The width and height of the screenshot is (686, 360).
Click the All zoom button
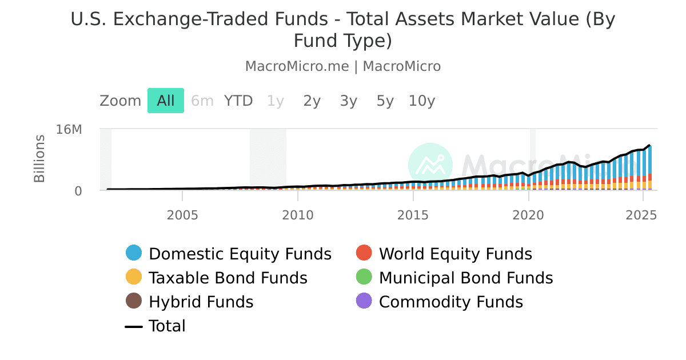tap(166, 101)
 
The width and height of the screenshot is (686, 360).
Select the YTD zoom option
tap(238, 101)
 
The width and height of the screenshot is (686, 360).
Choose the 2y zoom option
tap(312, 101)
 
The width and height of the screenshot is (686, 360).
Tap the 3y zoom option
tap(349, 101)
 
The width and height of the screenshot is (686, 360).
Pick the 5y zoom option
tap(385, 101)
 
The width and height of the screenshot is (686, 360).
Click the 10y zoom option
tap(422, 101)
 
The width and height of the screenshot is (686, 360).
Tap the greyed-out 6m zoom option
tap(202, 101)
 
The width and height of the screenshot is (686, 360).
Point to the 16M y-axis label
tap(69, 130)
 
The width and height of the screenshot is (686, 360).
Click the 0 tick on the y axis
tap(78, 191)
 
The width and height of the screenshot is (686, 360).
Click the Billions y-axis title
tap(39, 158)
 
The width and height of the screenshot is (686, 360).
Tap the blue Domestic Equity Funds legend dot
tap(134, 253)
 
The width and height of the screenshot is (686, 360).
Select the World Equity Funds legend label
tap(456, 254)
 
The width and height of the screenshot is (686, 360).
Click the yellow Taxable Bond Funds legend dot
tap(134, 278)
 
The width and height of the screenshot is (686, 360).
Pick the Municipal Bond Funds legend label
tap(466, 278)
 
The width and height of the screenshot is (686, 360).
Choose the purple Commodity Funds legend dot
tap(364, 301)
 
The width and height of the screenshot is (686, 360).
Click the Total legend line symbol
tap(134, 326)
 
